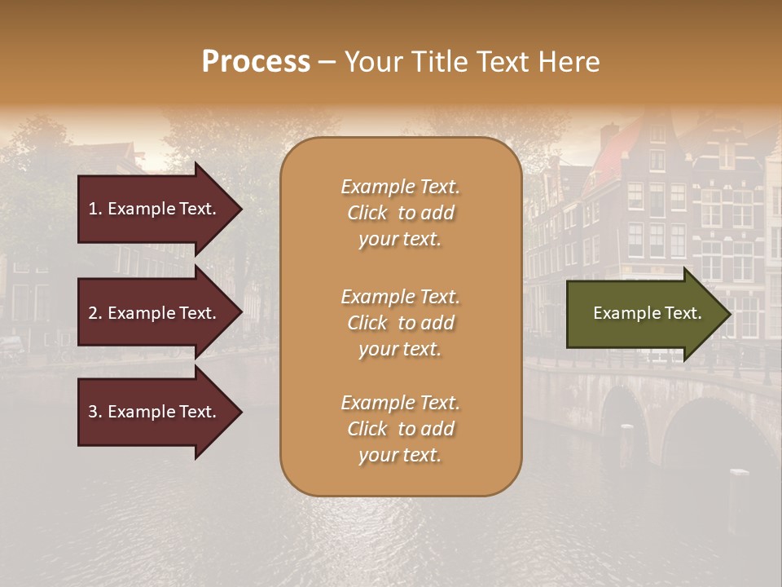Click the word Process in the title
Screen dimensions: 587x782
tap(256, 62)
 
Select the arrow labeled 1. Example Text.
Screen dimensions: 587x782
tap(155, 209)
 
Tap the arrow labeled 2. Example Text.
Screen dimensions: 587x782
tap(155, 313)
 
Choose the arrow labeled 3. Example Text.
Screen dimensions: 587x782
tap(155, 412)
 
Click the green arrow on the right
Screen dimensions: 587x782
tap(644, 314)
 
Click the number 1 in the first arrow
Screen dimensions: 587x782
tap(93, 209)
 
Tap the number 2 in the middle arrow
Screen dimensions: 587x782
tap(93, 313)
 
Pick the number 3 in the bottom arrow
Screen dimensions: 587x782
tap(93, 412)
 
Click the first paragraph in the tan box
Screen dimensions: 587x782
tap(400, 213)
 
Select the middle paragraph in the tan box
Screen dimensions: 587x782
tap(400, 323)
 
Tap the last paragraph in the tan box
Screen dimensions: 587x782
tap(400, 429)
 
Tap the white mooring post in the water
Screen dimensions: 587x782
tap(739, 473)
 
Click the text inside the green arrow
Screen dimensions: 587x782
tap(647, 313)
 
